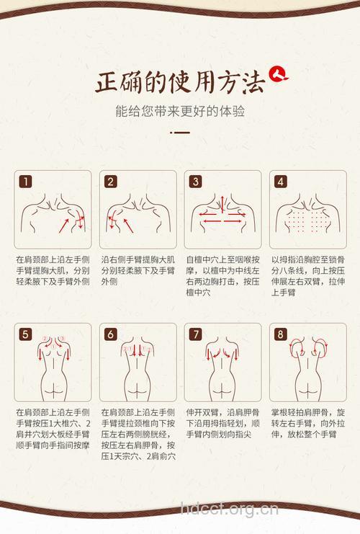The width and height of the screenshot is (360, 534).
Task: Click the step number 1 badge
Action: [25, 182]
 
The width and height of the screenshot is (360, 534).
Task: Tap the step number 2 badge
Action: [110, 182]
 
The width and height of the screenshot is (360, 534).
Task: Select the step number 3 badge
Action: [195, 182]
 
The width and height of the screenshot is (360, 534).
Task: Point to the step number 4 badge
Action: [280, 182]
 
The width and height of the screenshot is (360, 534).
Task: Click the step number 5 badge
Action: [25, 334]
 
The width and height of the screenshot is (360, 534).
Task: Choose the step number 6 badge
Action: [110, 334]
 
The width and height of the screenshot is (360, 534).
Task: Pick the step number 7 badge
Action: [195, 334]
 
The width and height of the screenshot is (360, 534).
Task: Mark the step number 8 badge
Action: [280, 334]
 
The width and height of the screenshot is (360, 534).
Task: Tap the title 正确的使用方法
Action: [180, 82]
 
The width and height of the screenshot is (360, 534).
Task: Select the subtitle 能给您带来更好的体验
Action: [180, 112]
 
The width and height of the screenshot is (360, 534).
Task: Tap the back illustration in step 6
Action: [138, 364]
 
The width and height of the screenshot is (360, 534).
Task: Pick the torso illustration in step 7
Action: [222, 364]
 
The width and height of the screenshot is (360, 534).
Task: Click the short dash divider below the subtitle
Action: [180, 133]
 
